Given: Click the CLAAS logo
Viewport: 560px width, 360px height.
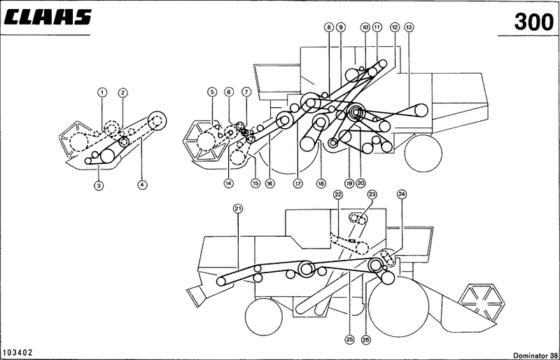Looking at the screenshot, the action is pyautogui.click(x=47, y=18).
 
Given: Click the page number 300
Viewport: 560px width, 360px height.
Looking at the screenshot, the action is pyautogui.click(x=533, y=22).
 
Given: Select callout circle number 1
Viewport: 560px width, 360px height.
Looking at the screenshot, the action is pyautogui.click(x=102, y=92).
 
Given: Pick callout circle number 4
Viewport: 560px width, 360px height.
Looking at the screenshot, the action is pyautogui.click(x=142, y=185).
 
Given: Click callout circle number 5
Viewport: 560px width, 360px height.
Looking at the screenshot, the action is pyautogui.click(x=212, y=92).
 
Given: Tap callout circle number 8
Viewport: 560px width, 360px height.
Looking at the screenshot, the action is pyautogui.click(x=329, y=27).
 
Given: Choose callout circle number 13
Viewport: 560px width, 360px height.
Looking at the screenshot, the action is pyautogui.click(x=409, y=27).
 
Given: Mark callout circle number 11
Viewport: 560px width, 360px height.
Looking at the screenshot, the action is pyautogui.click(x=377, y=27).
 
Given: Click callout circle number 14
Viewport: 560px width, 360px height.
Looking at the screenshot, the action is pyautogui.click(x=229, y=184).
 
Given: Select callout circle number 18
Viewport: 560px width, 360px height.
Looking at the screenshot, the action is pyautogui.click(x=321, y=184).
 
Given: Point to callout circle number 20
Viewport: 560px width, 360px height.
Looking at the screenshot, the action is pyautogui.click(x=360, y=184).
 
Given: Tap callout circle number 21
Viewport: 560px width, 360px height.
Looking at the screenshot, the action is pyautogui.click(x=238, y=209).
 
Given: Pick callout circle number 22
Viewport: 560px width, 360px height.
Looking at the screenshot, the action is pyautogui.click(x=338, y=195).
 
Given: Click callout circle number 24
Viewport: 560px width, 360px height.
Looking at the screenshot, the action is pyautogui.click(x=402, y=194).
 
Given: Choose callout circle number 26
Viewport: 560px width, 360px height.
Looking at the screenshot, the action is pyautogui.click(x=366, y=340).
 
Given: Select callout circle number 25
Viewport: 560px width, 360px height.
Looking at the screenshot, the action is pyautogui.click(x=349, y=340).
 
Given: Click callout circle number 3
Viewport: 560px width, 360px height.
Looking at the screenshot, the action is pyautogui.click(x=99, y=185).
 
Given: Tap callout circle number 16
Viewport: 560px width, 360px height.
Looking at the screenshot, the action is pyautogui.click(x=269, y=184).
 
